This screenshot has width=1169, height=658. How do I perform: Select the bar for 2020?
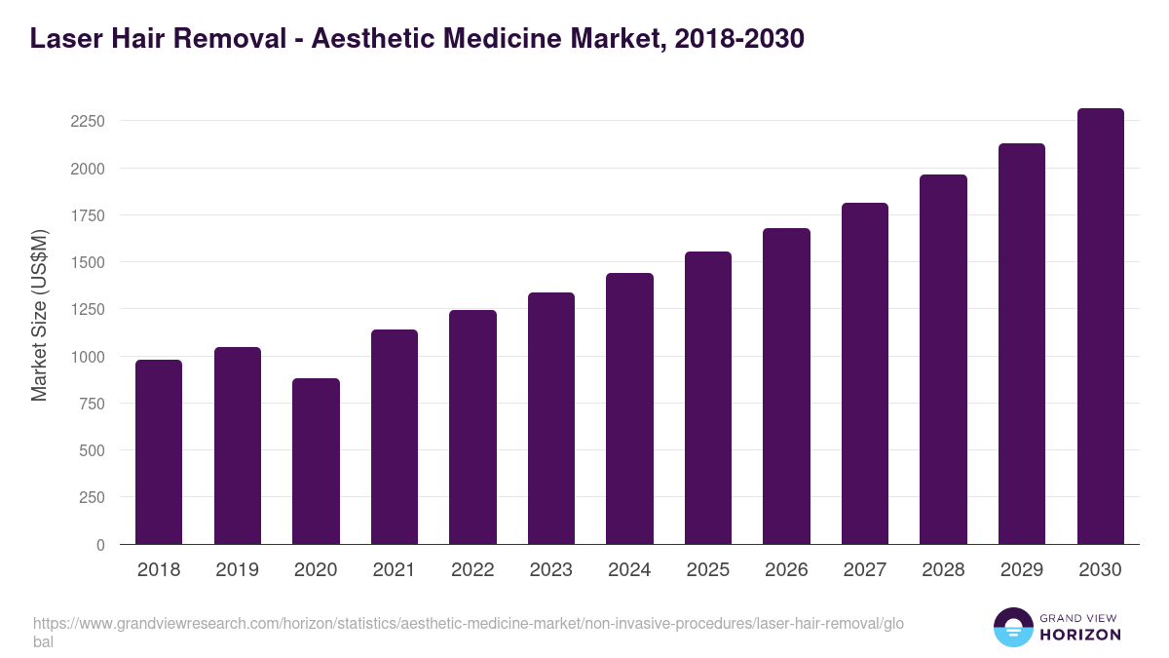tap(316, 461)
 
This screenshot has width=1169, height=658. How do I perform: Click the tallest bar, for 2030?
tap(1100, 327)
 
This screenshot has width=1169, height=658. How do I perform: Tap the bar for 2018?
tap(159, 452)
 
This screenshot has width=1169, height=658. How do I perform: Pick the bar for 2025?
tap(708, 398)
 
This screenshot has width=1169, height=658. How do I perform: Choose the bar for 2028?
tap(943, 360)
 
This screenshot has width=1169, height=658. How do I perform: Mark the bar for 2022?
tap(472, 427)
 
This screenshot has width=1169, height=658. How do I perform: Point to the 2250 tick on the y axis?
tap(88, 122)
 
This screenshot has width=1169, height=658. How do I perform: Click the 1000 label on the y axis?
tap(88, 357)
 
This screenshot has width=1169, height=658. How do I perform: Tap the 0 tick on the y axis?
tap(100, 545)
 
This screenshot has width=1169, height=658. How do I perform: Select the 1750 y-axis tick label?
tap(88, 215)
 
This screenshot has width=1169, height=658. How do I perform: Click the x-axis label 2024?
tap(629, 570)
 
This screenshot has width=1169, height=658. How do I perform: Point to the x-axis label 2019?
tap(237, 570)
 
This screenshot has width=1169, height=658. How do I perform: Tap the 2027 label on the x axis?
tap(864, 570)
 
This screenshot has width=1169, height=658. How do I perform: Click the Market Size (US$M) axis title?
tap(39, 315)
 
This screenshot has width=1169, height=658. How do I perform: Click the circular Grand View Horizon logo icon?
tap(1012, 627)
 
